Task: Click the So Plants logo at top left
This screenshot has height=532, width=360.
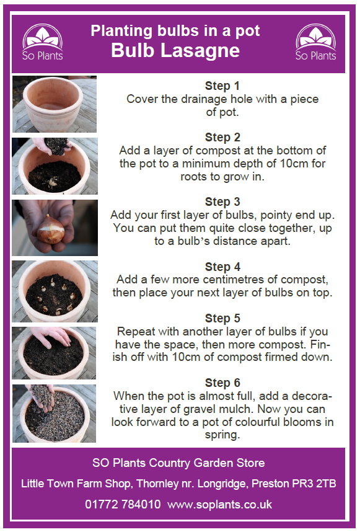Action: pyautogui.click(x=43, y=42)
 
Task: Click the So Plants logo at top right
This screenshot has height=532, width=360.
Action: pyautogui.click(x=315, y=42)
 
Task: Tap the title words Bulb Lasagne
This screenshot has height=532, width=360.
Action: pyautogui.click(x=175, y=50)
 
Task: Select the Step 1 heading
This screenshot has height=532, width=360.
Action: pyautogui.click(x=222, y=86)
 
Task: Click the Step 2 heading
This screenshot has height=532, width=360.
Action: pyautogui.click(x=222, y=137)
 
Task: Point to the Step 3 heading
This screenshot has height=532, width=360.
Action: pyautogui.click(x=222, y=202)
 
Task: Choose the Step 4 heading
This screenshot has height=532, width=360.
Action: pyautogui.click(x=222, y=267)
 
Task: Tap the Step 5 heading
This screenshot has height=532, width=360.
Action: pyautogui.click(x=222, y=318)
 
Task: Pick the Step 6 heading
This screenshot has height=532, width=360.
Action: pyautogui.click(x=222, y=383)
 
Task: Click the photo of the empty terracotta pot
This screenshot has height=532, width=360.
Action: pyautogui.click(x=54, y=103)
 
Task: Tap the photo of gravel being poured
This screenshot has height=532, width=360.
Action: pyautogui.click(x=54, y=412)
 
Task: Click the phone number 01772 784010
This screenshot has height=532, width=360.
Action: pyautogui.click(x=123, y=504)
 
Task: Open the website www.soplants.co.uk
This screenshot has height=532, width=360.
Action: pyautogui.click(x=219, y=504)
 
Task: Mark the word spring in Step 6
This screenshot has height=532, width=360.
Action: pyautogui.click(x=222, y=435)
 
